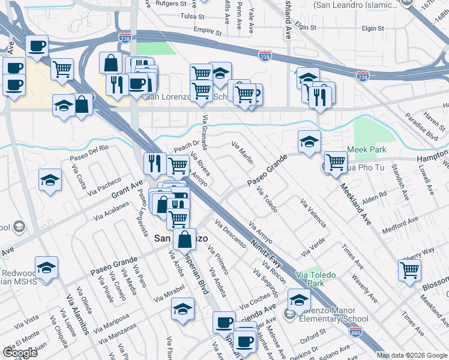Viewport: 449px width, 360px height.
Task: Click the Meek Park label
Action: pyautogui.click(x=364, y=149)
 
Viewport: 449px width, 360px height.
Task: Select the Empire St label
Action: pyautogui.click(x=207, y=30)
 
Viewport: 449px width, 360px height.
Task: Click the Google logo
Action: pyautogui.click(x=20, y=352)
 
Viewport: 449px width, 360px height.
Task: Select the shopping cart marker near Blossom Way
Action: pyautogui.click(x=409, y=269)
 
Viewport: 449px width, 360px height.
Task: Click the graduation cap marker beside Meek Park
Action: pyautogui.click(x=309, y=142)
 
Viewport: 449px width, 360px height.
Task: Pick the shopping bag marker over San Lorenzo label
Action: pyautogui.click(x=185, y=238)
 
